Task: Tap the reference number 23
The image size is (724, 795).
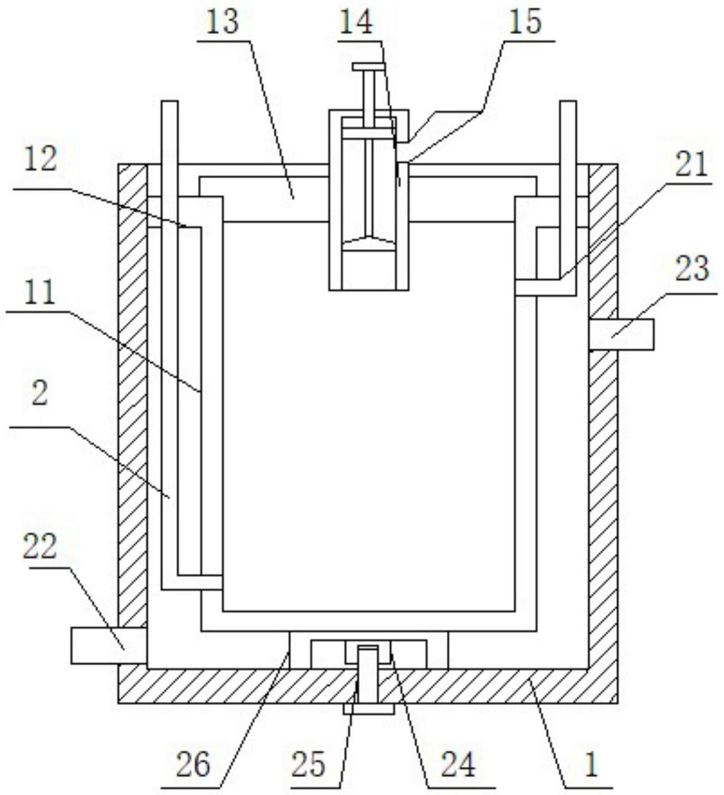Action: coord(692,269)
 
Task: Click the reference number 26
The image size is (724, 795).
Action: coord(193,764)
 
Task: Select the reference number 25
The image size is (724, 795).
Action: coord(308,764)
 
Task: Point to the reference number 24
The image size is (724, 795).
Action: coord(458,764)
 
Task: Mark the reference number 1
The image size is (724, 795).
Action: coord(591,764)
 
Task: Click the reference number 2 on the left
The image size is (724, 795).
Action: coord(39,395)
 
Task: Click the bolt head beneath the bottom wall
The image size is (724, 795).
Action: coord(368,708)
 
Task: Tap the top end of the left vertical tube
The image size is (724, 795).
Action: coord(170,107)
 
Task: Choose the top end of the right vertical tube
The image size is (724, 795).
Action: coord(568,107)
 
